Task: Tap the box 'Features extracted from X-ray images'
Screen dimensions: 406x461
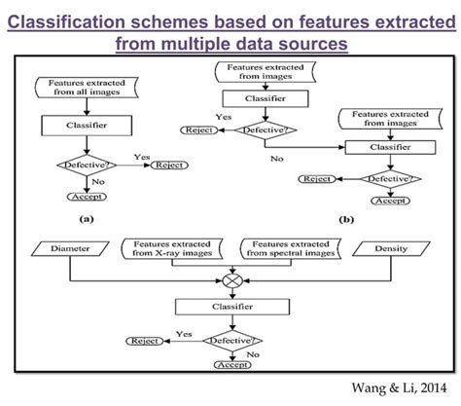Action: click(176, 250)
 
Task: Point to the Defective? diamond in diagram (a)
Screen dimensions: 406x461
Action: click(86, 166)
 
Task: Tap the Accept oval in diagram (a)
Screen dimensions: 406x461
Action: click(86, 195)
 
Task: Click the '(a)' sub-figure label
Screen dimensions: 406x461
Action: click(87, 219)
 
